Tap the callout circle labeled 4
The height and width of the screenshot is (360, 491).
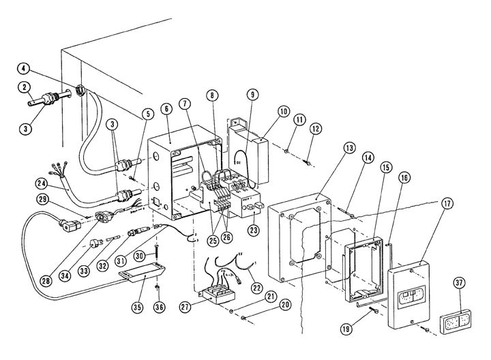point(24,68)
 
